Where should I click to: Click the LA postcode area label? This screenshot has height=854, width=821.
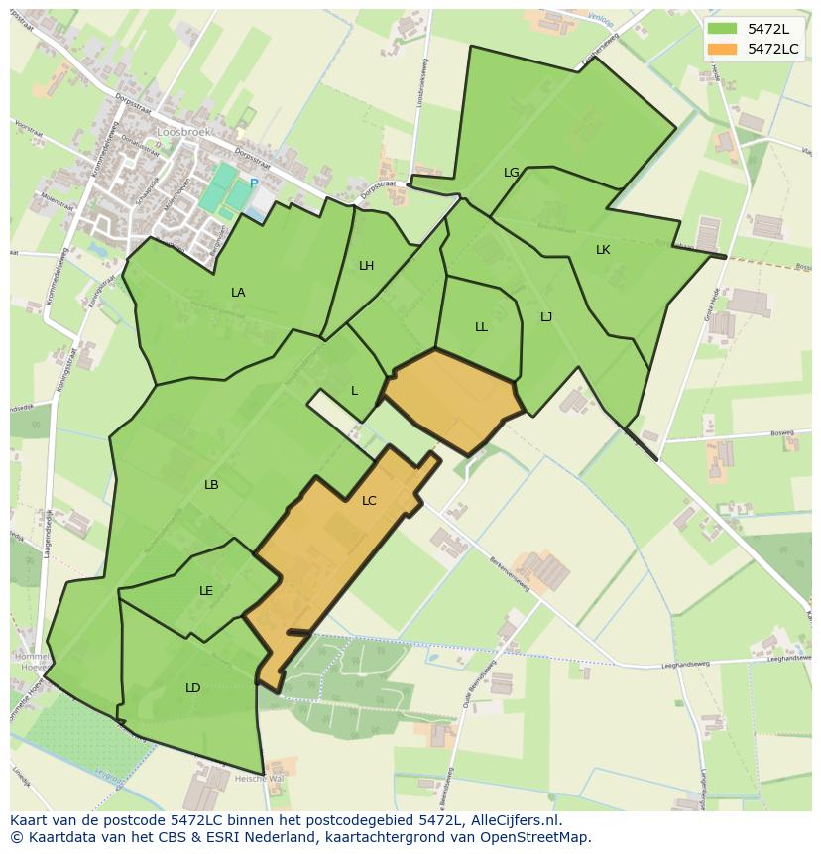[238, 293]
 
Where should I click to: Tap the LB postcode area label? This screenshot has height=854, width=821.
[211, 485]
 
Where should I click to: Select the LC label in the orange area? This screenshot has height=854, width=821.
[369, 501]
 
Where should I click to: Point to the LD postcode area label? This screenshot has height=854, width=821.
[193, 688]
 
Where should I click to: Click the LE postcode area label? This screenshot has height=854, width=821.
[206, 591]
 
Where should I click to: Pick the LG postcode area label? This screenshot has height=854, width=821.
[512, 173]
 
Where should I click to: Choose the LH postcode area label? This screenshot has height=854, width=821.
[367, 266]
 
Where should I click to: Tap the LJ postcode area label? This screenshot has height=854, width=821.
[546, 317]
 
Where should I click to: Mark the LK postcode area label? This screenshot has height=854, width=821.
[603, 250]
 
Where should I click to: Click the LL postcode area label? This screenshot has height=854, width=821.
[481, 327]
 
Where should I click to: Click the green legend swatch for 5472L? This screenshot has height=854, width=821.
[723, 29]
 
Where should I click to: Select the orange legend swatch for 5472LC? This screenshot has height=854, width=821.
[723, 49]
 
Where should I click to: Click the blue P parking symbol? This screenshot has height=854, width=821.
[254, 183]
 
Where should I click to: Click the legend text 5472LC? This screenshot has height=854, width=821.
[774, 49]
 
